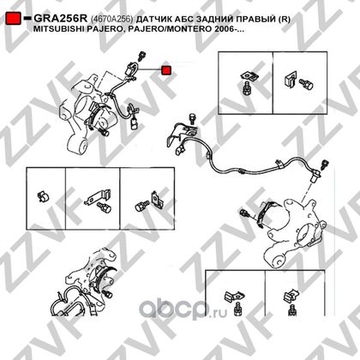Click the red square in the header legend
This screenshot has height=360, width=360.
(13, 18)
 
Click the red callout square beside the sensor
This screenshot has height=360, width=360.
(166, 70)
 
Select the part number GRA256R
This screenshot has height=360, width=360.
(60, 19)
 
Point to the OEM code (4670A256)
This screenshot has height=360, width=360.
(111, 19)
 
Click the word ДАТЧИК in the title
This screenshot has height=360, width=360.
(153, 19)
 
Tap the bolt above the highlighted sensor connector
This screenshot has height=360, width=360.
(141, 56)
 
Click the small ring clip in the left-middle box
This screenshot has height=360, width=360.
(44, 196)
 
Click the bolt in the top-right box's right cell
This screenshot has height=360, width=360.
(306, 83)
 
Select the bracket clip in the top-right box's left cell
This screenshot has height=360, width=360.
(249, 75)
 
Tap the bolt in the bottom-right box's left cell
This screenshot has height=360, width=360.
(237, 309)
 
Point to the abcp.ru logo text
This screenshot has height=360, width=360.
(183, 309)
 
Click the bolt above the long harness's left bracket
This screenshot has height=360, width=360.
(193, 118)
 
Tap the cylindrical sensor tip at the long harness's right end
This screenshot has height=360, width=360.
(315, 177)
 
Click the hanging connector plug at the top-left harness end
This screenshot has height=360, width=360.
(134, 124)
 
